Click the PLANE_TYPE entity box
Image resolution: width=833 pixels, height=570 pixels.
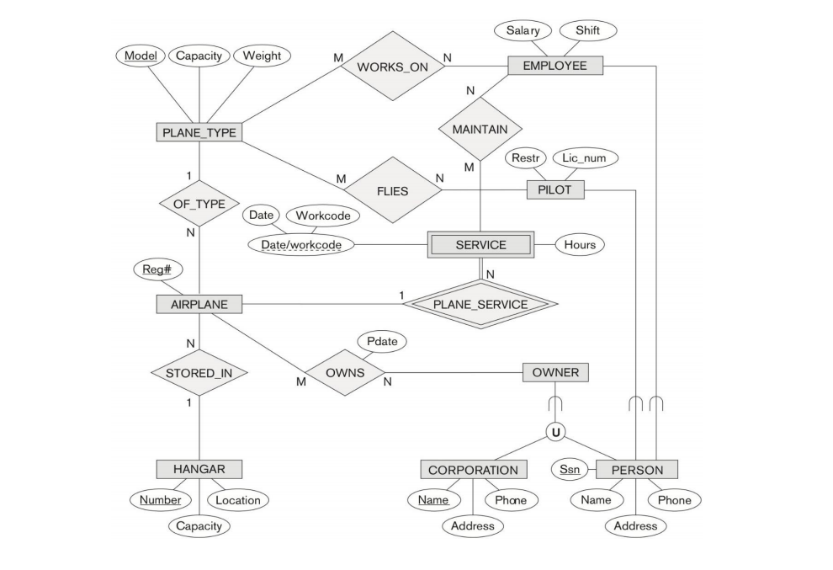(x=199, y=132)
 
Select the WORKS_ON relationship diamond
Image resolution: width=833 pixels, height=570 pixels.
(x=392, y=66)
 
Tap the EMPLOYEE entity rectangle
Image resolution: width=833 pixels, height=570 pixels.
(x=554, y=66)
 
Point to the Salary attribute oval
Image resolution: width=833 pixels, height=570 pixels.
(x=523, y=31)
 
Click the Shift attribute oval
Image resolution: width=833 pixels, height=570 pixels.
(x=587, y=31)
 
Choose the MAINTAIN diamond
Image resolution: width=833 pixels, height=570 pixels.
(x=480, y=130)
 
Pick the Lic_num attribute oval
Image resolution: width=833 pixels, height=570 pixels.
(x=585, y=157)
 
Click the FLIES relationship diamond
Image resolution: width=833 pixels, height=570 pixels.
(x=393, y=190)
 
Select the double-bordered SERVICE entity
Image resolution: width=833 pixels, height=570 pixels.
(x=480, y=245)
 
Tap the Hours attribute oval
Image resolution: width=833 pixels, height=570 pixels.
(x=580, y=245)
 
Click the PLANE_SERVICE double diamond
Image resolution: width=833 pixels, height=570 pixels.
(x=480, y=304)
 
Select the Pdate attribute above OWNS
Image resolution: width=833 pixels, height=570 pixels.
(x=382, y=342)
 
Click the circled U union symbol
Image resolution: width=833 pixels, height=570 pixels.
(x=555, y=432)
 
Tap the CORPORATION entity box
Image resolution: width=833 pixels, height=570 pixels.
(x=473, y=470)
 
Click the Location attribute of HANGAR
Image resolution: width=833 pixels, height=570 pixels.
(x=238, y=500)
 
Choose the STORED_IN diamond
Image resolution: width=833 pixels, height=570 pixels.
(x=199, y=372)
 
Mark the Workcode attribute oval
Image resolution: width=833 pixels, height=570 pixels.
(x=323, y=216)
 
